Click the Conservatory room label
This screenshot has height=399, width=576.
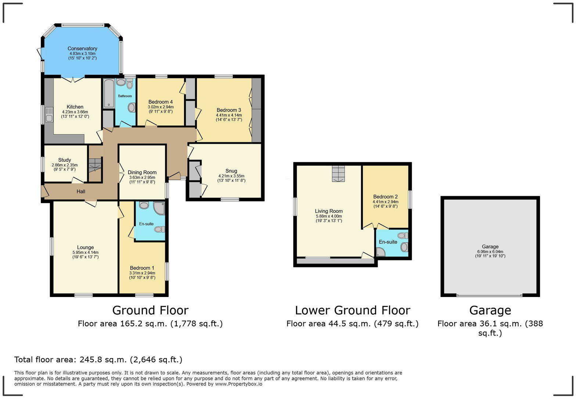tap(82, 48)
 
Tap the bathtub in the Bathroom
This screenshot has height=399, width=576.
tap(109, 93)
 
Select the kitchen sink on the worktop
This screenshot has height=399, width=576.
tap(48, 115)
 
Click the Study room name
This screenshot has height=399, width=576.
tap(65, 160)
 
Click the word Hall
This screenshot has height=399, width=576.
tap(81, 191)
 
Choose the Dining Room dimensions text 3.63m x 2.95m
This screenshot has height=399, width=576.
tap(142, 177)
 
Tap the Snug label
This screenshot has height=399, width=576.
tap(231, 171)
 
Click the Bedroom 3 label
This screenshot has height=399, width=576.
tap(228, 110)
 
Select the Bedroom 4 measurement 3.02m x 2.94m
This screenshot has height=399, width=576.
tap(161, 107)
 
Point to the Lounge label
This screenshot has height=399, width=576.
tap(85, 248)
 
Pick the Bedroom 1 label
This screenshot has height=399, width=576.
tap(142, 268)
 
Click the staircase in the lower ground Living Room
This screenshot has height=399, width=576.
tap(338, 173)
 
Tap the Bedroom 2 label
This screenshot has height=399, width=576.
tap(385, 197)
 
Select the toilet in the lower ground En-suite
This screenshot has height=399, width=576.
tap(403, 235)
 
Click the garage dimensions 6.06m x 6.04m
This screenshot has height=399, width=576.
tap(490, 252)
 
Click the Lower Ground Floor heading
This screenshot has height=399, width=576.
tap(353, 310)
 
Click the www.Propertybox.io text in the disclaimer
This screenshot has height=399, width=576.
tap(239, 384)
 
